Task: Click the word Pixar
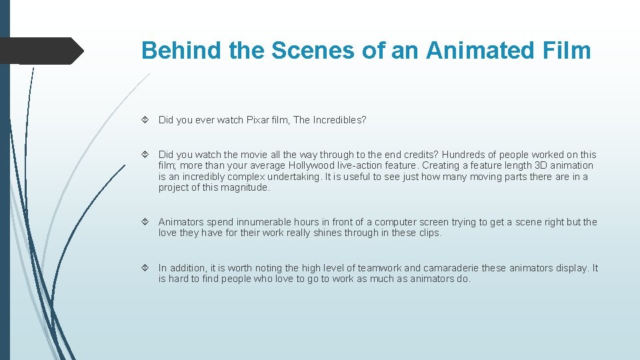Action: [258, 120]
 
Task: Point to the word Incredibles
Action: [337, 120]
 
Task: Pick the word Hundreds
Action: [466, 155]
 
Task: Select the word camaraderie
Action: [446, 268]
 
